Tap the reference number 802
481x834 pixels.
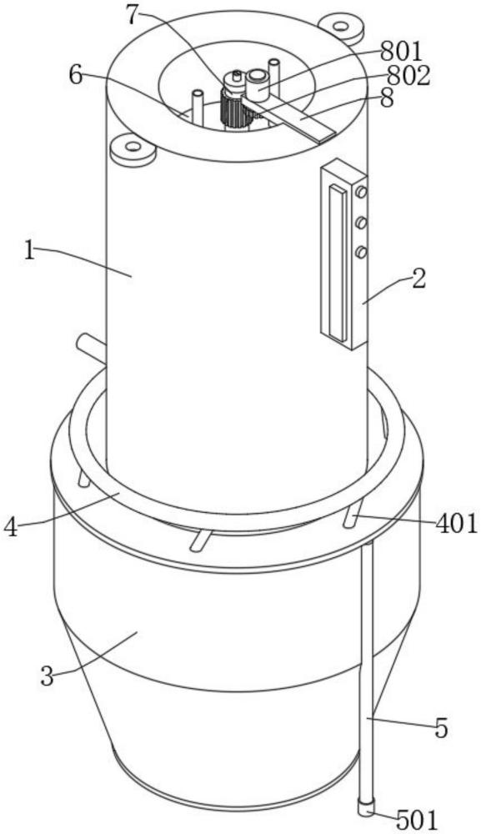(x=408, y=77)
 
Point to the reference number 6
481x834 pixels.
(x=76, y=76)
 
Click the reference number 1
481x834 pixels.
(x=30, y=250)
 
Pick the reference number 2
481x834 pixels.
(x=418, y=279)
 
